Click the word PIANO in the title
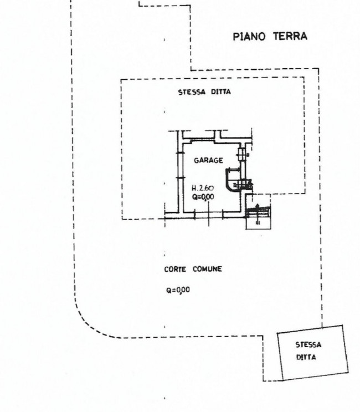tap(249, 37)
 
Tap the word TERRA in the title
tap(290, 36)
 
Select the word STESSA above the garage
tap(192, 92)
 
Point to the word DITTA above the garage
tap(221, 91)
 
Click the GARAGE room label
tap(209, 160)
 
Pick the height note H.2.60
tap(203, 188)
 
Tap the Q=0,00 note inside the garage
tap(203, 197)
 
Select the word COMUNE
tap(207, 269)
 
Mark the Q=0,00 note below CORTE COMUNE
tap(178, 290)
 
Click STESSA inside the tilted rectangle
tap(308, 344)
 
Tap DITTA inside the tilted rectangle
tap(306, 357)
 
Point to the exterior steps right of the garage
tap(258, 212)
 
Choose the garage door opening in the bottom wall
tap(209, 215)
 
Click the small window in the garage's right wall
tap(241, 154)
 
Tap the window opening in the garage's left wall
tap(180, 165)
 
